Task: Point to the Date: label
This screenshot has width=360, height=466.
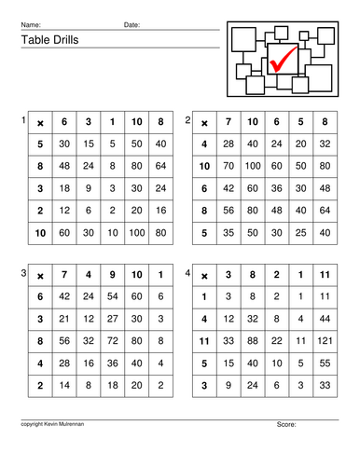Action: pos(132,23)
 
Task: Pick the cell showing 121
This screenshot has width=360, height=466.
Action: pos(324,341)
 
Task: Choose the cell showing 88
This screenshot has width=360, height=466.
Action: pos(251,341)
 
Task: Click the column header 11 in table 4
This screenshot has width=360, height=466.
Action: pos(324,275)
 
